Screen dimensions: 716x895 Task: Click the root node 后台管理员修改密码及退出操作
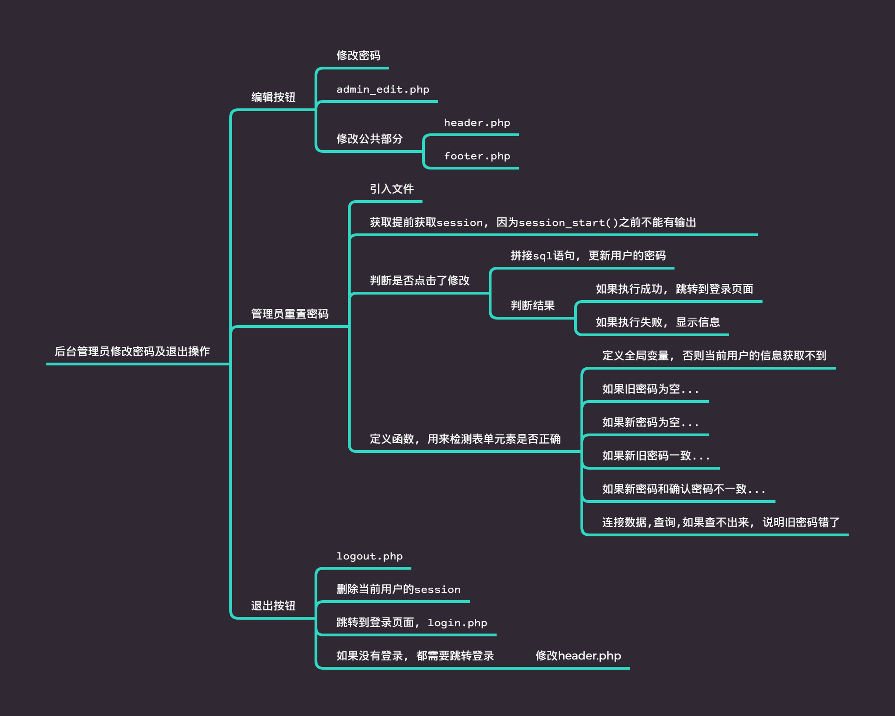pos(132,352)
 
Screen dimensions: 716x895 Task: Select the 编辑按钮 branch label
pos(273,97)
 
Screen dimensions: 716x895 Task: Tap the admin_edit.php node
pos(383,89)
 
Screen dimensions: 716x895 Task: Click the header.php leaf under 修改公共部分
pos(477,123)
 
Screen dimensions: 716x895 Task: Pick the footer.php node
pos(477,156)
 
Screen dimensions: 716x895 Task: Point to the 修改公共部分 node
pos(369,138)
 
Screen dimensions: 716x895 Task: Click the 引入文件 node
pos(391,189)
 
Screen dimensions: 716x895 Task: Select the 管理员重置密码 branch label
pos(290,314)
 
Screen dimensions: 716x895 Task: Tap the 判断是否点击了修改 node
pos(420,281)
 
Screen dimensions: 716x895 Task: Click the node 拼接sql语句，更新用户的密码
pos(588,256)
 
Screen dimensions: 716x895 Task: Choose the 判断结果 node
pos(533,306)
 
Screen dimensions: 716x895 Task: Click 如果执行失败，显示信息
pos(658,322)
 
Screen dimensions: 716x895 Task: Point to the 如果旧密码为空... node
pos(650,389)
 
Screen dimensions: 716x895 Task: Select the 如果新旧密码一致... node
pos(655,456)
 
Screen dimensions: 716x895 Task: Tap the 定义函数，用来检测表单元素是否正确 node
pos(465,439)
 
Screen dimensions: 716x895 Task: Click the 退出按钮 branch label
pos(273,606)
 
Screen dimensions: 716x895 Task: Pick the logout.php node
pos(369,556)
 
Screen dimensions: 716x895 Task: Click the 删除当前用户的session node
pos(398,589)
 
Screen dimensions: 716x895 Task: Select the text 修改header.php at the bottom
pos(578,656)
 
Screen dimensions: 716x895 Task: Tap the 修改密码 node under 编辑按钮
pos(358,56)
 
